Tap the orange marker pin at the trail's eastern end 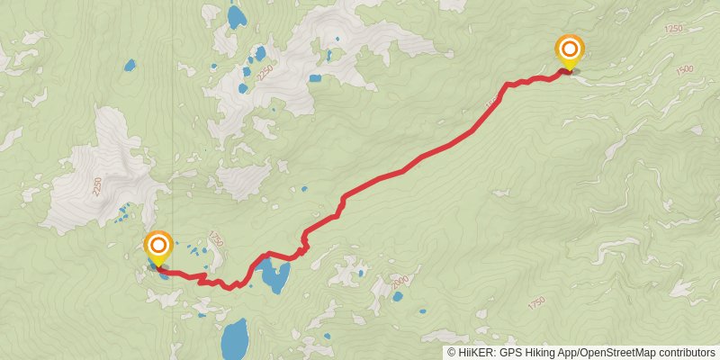(x=570, y=49)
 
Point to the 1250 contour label (x=674, y=31)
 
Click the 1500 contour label (x=684, y=68)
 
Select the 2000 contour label (x=400, y=282)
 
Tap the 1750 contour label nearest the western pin (x=215, y=238)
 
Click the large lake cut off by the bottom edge (x=236, y=339)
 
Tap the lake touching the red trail (x=273, y=277)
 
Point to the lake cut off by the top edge (x=237, y=16)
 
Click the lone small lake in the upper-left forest (x=130, y=66)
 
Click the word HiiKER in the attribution (x=474, y=353)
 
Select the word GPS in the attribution (x=509, y=353)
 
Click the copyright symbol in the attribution (x=452, y=353)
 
